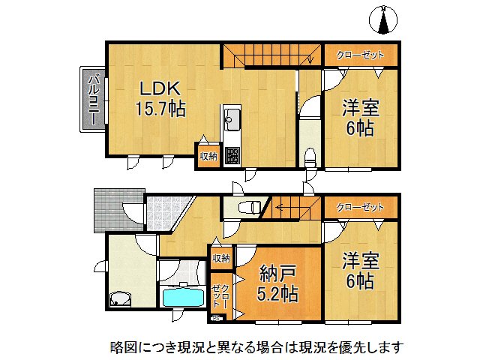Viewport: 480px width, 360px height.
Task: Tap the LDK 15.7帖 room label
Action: [160, 98]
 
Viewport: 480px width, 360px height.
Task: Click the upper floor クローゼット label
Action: [360, 55]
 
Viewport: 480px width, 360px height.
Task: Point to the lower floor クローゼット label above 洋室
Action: [360, 207]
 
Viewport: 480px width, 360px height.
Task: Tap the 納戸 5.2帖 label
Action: [278, 282]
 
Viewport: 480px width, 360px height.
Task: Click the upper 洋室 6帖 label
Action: [360, 117]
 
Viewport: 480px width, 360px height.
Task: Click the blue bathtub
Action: [183, 297]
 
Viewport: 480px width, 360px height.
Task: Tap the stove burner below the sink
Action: [232, 155]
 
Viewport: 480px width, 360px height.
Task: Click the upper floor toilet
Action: [310, 155]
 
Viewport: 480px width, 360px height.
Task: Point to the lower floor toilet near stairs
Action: [247, 208]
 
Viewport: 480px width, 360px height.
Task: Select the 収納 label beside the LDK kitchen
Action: [208, 156]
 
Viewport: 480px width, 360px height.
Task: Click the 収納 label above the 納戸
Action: [220, 259]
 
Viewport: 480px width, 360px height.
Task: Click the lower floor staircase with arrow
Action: [294, 207]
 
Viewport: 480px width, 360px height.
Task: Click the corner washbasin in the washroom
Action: [118, 300]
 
